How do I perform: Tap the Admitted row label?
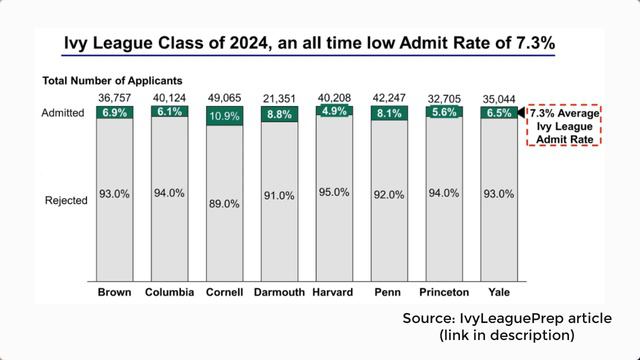(x=65, y=114)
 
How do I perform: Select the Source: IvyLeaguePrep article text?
(x=507, y=317)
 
